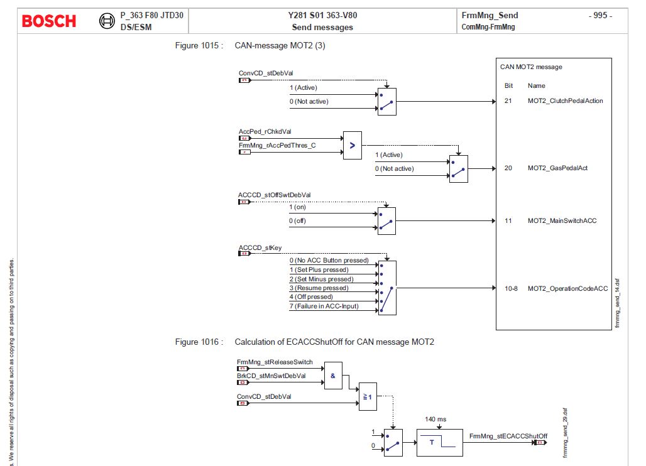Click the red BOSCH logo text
pyautogui.click(x=49, y=21)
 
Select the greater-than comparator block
pyautogui.click(x=352, y=145)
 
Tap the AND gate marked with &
pyautogui.click(x=334, y=376)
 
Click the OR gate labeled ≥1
pyautogui.click(x=368, y=397)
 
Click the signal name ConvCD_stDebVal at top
pyautogui.click(x=266, y=73)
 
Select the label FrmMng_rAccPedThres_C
pyautogui.click(x=277, y=145)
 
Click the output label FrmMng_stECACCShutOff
pyautogui.click(x=508, y=436)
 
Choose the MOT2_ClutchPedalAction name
pyautogui.click(x=565, y=100)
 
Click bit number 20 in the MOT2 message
pyautogui.click(x=508, y=168)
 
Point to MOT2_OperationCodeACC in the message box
pyautogui.click(x=567, y=288)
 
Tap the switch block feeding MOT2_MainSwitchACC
pyautogui.click(x=386, y=220)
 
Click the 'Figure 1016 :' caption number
pyautogui.click(x=199, y=342)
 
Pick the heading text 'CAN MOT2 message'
pyautogui.click(x=531, y=67)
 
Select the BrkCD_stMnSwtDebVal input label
pyautogui.click(x=271, y=376)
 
